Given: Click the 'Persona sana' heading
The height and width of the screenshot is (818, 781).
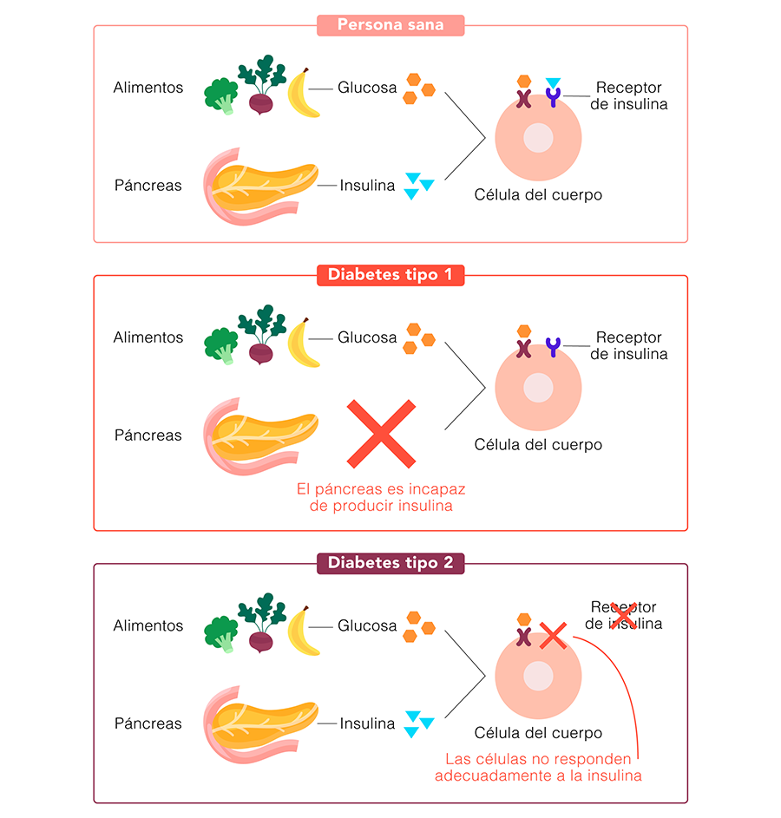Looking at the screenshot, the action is pos(390,24).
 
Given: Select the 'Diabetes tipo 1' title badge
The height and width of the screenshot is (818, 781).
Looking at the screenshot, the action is pos(390,275).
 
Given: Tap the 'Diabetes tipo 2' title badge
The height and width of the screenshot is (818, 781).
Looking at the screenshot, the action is pos(390,564).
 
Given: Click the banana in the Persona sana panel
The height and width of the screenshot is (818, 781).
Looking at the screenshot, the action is pos(303,93).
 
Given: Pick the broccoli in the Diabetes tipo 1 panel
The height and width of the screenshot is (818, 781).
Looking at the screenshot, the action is pos(220,345).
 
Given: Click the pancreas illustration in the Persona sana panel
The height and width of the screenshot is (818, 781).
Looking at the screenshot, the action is pos(260,187).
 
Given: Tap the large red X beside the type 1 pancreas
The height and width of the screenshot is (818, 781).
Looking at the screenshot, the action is pos(381,434).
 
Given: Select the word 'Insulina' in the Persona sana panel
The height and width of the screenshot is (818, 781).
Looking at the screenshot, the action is pos(367,185).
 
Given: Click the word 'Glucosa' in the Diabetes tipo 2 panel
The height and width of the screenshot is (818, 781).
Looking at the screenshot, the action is pos(367,625).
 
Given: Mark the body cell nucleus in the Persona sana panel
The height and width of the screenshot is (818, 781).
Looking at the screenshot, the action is pos(538,138).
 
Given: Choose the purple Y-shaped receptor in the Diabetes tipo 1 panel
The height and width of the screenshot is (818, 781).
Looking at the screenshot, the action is pos(553,347).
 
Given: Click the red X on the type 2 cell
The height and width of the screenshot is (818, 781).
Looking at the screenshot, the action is pos(553,636).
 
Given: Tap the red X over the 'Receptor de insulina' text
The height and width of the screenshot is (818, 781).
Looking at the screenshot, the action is pos(623,616).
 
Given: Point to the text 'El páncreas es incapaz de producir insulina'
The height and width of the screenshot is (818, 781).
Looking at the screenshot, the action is pos(381,497).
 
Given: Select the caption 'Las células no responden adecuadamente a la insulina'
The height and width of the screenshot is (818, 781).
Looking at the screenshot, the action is pos(538,767).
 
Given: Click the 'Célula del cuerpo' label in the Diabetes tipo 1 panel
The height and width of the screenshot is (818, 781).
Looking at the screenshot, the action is pos(538,444).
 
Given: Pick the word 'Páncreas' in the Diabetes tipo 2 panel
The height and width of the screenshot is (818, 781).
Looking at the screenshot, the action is pos(148,723).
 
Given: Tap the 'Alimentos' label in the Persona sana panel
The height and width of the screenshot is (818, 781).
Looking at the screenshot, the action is pos(148,87).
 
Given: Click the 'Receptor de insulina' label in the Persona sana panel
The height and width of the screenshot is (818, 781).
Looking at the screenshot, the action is pos(628,95).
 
